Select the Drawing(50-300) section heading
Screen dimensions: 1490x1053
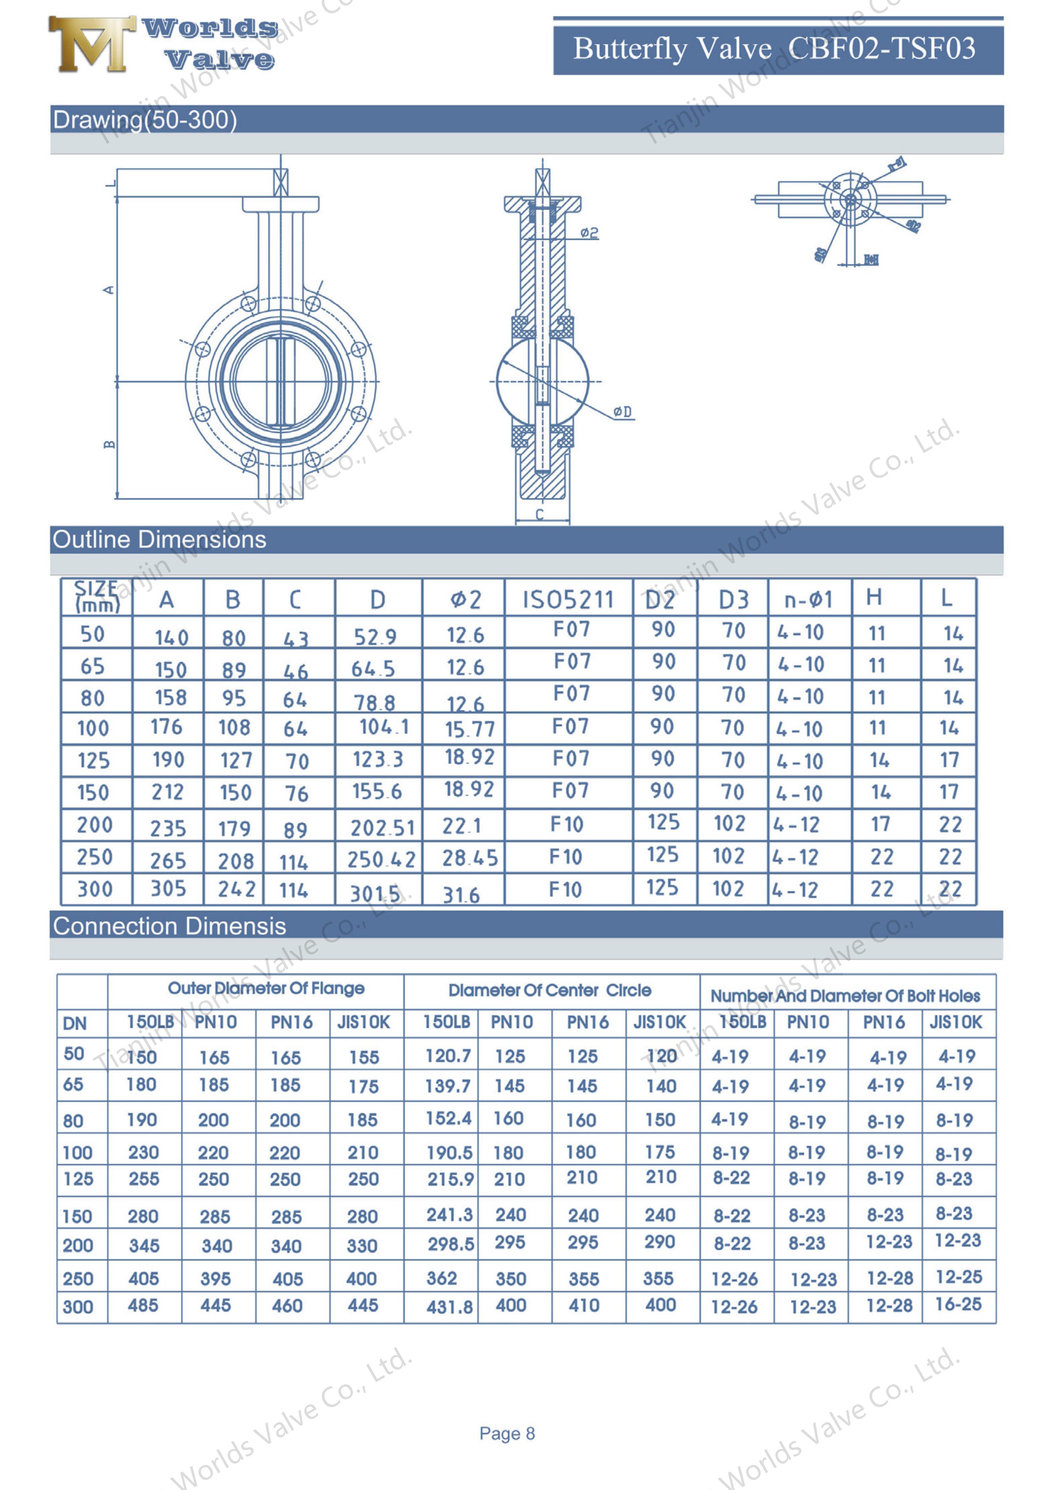tap(145, 120)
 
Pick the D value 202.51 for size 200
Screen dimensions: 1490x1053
tap(382, 827)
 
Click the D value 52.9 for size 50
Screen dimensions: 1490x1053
tap(375, 636)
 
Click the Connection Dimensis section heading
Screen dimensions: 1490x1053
tap(169, 926)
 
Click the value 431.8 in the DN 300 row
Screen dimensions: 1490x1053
tap(449, 1306)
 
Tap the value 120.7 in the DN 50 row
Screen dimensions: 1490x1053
tap(448, 1056)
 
